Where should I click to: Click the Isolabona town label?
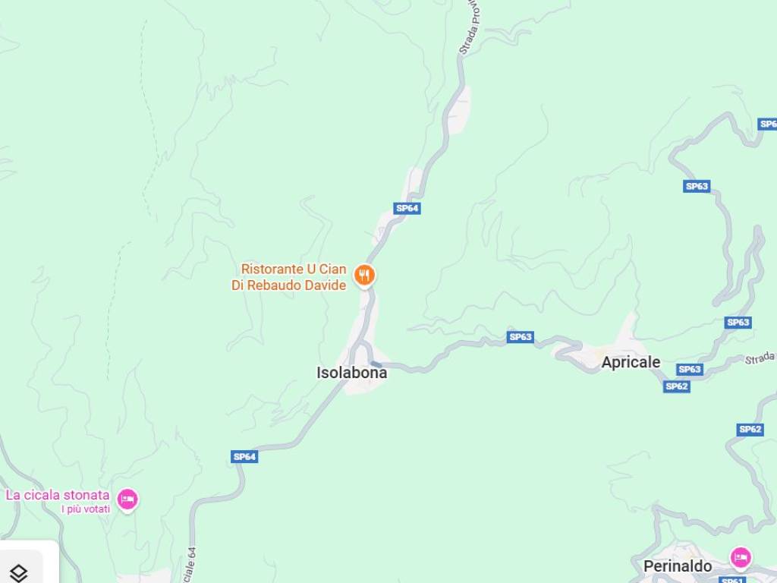click(x=351, y=373)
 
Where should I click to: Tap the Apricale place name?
click(x=631, y=363)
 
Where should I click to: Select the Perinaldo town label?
click(x=678, y=566)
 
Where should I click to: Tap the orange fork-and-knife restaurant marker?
click(x=365, y=275)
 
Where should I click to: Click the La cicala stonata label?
click(x=58, y=495)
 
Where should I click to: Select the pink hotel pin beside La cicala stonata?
click(x=127, y=499)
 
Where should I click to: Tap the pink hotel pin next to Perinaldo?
click(x=741, y=558)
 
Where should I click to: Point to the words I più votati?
click(x=86, y=509)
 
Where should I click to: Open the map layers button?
click(x=19, y=572)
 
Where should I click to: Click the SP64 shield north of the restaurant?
click(x=407, y=208)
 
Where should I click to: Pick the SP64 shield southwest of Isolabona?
click(x=244, y=456)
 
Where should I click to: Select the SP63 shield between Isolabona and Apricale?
click(x=521, y=337)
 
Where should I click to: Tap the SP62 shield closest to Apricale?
click(x=676, y=386)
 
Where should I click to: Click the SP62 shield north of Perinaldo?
click(x=750, y=430)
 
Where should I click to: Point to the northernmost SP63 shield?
click(x=697, y=186)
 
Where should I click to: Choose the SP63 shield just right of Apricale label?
click(x=689, y=370)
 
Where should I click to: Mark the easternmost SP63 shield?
click(x=738, y=323)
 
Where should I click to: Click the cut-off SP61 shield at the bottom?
click(x=731, y=580)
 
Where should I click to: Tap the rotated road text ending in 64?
click(x=190, y=566)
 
